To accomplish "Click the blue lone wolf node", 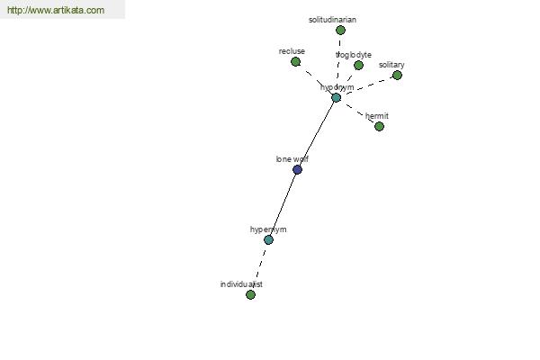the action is coord(297,169).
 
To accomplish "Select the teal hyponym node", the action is coord(336,98).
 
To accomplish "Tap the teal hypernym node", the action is coord(268,239).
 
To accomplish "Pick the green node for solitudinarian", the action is coord(340,31).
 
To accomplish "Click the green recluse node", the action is coord(295,62).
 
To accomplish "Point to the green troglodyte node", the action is coord(358,65).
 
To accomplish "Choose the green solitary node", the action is coord(397,75).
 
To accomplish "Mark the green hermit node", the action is coord(379,126).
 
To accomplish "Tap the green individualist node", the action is coord(251,294).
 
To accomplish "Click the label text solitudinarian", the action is coord(332,20).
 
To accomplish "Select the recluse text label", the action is coord(292,51).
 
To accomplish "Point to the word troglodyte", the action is coord(354,55).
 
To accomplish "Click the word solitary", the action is coord(391,65).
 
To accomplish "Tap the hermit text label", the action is coord(377,116).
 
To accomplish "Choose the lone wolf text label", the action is coord(292,159).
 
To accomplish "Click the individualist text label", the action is coord(241,284).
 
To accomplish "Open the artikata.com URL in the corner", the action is coord(56,10).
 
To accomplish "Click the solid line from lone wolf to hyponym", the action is coord(317,134).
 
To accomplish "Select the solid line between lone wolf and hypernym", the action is coord(283,204).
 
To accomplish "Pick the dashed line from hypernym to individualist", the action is coord(260,267).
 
